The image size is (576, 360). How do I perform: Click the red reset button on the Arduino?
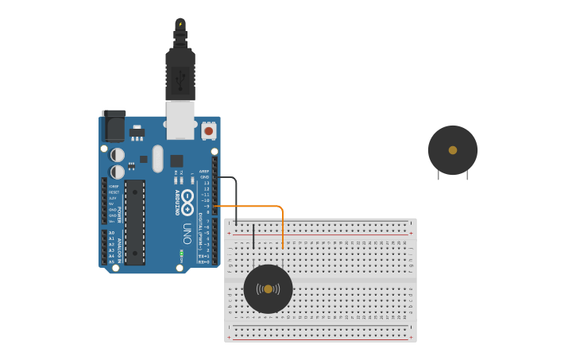pyautogui.click(x=208, y=130)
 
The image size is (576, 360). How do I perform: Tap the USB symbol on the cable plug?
pyautogui.click(x=180, y=78)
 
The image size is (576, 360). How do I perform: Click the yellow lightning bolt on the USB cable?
pyautogui.click(x=180, y=24)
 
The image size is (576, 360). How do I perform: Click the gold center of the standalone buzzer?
pyautogui.click(x=453, y=150)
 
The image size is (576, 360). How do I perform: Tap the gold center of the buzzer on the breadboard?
pyautogui.click(x=268, y=289)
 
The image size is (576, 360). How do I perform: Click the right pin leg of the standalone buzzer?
pyautogui.click(x=467, y=175)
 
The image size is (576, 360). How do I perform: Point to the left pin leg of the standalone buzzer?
pyautogui.click(x=439, y=175)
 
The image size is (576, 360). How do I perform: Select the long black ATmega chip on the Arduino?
pyautogui.click(x=135, y=223)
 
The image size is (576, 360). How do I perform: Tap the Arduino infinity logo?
pyautogui.click(x=187, y=197)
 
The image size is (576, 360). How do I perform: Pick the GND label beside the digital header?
pyautogui.click(x=204, y=176)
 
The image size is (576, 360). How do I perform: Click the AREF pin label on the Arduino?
pyautogui.click(x=204, y=171)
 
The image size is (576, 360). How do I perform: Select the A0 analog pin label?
pyautogui.click(x=110, y=233)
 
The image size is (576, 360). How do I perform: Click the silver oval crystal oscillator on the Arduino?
pyautogui.click(x=157, y=158)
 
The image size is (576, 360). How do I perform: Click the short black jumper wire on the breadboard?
pyautogui.click(x=253, y=237)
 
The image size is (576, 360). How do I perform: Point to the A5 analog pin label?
pyautogui.click(x=110, y=261)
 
